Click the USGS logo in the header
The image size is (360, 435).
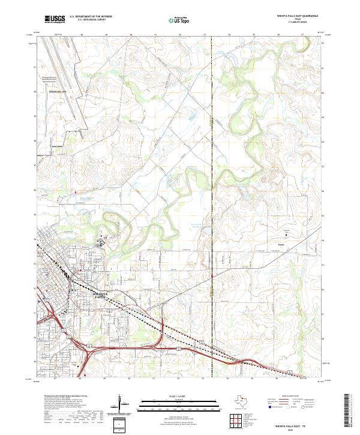55,19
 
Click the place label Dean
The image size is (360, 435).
280,244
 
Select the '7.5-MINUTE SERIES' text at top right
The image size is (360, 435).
298,23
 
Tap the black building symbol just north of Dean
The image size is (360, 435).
286,235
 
